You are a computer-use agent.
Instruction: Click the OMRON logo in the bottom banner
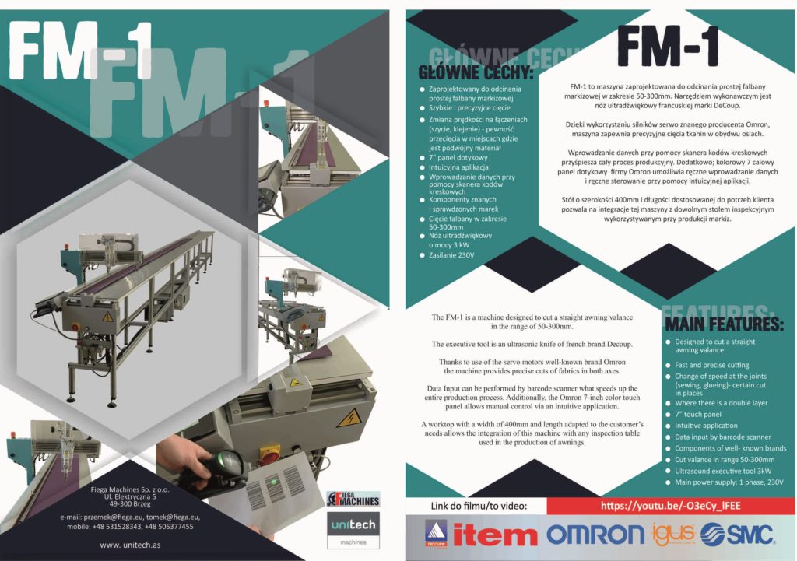click(x=595, y=535)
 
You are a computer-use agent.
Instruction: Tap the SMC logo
click(x=738, y=534)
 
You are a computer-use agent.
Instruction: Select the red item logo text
click(x=494, y=535)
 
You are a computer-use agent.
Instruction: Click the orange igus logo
click(x=672, y=534)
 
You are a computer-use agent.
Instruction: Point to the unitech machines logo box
click(x=353, y=530)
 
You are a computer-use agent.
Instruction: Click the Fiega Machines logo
click(x=353, y=499)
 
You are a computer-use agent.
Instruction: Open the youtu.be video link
click(x=670, y=506)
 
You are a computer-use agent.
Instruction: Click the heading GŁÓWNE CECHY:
click(x=476, y=72)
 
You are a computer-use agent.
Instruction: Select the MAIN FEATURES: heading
click(x=725, y=324)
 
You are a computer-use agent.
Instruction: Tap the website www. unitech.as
click(x=130, y=545)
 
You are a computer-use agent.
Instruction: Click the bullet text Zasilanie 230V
click(x=451, y=255)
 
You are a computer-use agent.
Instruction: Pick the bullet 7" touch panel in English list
click(x=698, y=414)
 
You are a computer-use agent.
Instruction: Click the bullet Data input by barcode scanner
click(x=723, y=437)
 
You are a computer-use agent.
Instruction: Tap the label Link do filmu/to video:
click(x=479, y=506)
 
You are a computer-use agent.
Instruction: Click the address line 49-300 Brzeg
click(x=130, y=504)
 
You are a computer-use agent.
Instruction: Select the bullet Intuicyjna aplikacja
click(x=458, y=167)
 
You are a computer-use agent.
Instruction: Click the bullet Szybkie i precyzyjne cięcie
click(x=469, y=107)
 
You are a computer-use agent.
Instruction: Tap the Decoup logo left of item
click(x=436, y=534)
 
